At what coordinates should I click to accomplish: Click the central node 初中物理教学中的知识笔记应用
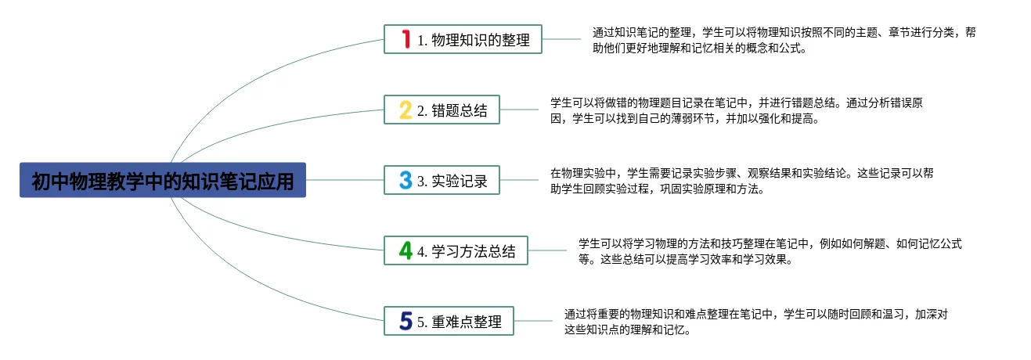point(163,180)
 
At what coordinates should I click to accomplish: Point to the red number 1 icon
point(406,39)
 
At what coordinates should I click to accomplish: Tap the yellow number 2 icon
point(405,110)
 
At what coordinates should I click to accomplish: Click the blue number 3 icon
point(405,180)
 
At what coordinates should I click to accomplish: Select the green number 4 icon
point(406,250)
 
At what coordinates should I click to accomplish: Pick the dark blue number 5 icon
point(406,321)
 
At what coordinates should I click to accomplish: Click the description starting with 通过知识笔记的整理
point(784,40)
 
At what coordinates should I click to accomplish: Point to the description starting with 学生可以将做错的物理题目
point(736,110)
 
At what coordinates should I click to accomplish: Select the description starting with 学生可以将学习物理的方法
point(770,251)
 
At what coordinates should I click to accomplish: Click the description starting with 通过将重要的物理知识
point(755,322)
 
